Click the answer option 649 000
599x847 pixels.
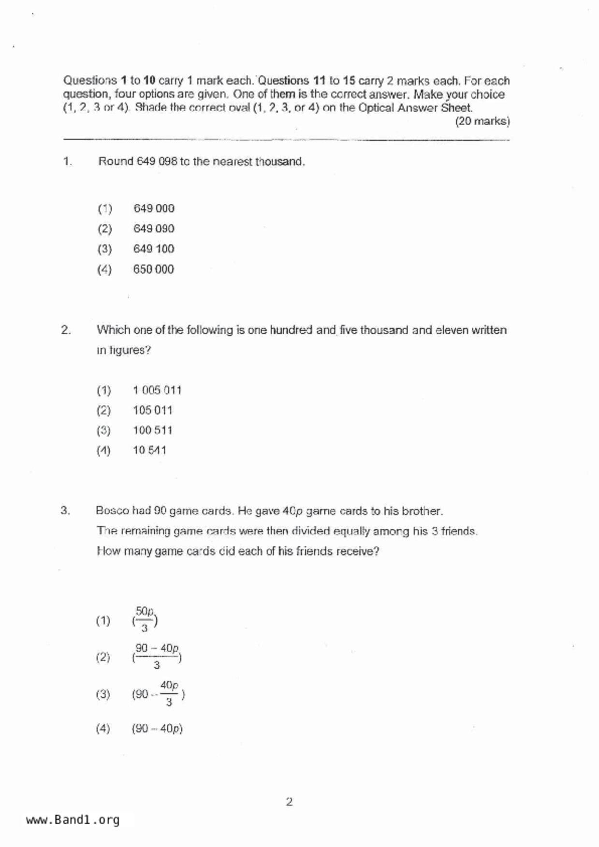pos(154,209)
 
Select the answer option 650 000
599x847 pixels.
pos(154,269)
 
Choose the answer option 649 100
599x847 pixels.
pos(154,249)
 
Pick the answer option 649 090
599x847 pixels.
pos(154,229)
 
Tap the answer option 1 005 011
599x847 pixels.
pos(157,390)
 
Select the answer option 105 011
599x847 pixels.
pos(153,410)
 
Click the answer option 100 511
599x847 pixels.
pos(153,430)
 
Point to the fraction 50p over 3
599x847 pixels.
pos(145,620)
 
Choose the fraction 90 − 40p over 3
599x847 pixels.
pos(157,656)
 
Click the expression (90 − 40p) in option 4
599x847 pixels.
pos(157,729)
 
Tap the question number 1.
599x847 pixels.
pos(67,162)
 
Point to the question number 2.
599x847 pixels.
pos(66,330)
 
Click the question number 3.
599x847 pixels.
pos(65,510)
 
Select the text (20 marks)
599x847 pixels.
pos(482,121)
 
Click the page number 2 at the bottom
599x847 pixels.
pos(289,802)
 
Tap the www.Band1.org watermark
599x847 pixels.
pos(73,820)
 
